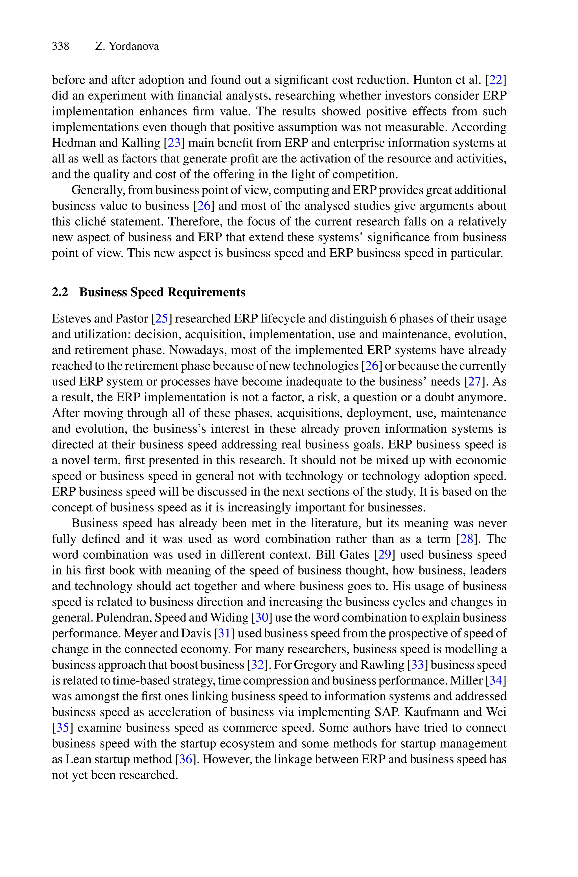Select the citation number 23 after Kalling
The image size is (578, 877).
point(174,143)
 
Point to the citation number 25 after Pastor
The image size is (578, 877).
point(161,318)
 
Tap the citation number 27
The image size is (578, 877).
point(474,381)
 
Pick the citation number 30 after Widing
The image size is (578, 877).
point(261,618)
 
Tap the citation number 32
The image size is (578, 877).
point(257,665)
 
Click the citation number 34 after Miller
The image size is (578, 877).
point(496,680)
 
